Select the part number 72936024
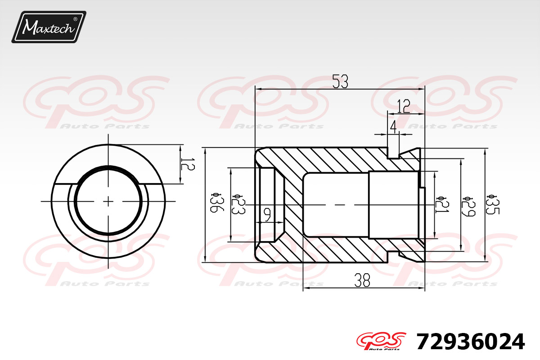470,342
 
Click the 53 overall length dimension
341,81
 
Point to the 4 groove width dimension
393,127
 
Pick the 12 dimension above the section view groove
404,107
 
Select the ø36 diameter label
216,203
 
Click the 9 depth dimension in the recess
267,215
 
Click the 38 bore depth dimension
362,281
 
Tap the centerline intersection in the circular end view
108,201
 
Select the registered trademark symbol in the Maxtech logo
75,19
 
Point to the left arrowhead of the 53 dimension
257,89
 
